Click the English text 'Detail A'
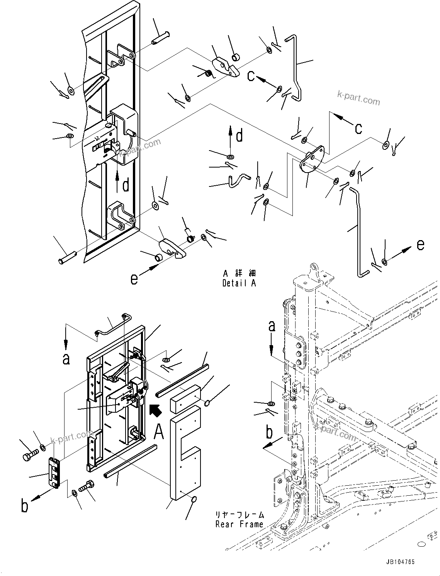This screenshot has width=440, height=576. (x=239, y=283)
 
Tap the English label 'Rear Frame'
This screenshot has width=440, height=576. (x=240, y=524)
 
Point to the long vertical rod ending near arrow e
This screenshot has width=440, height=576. (x=359, y=230)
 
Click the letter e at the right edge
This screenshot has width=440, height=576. (x=421, y=245)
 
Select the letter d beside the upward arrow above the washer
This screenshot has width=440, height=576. (x=240, y=136)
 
